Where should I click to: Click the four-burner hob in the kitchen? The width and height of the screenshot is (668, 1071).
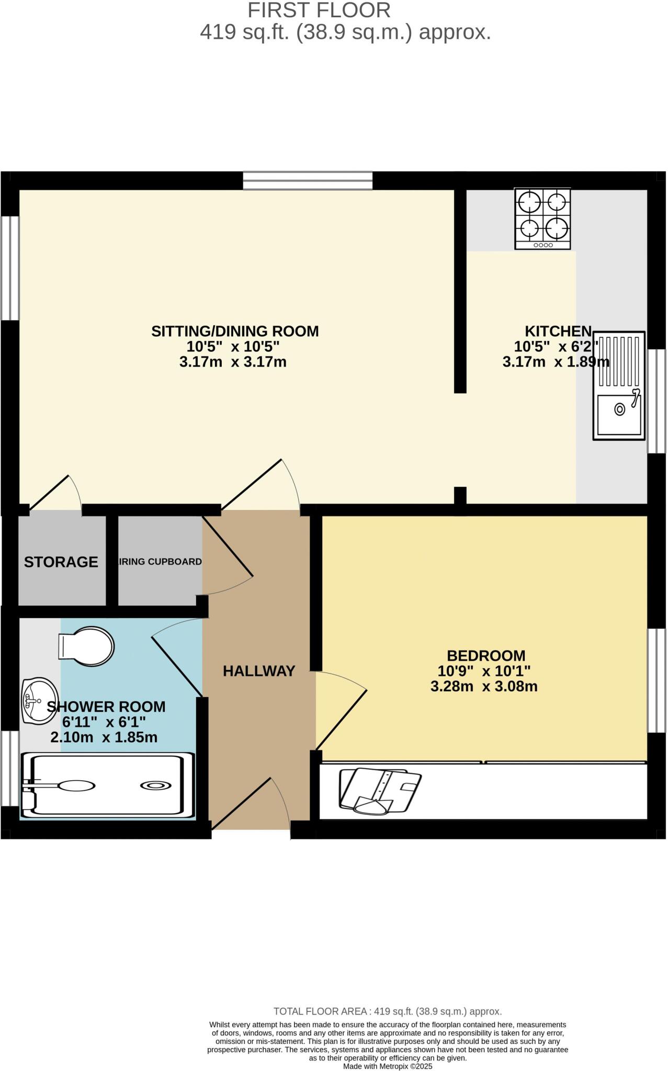(x=542, y=219)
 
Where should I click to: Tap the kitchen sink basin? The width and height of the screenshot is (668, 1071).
(x=618, y=414)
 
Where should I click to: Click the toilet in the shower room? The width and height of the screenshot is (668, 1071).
(x=86, y=646)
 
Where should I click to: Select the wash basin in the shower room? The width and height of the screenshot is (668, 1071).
(x=38, y=701)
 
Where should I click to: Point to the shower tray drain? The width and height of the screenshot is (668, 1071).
(x=155, y=785)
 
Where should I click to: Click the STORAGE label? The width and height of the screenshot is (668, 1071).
(x=61, y=562)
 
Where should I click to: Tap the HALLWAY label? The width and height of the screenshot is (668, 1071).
(x=259, y=671)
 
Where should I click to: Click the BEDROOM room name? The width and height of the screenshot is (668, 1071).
(x=486, y=655)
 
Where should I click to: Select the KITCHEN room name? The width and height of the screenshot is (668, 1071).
(x=558, y=331)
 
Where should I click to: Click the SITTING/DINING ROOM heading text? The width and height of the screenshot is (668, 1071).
(x=235, y=331)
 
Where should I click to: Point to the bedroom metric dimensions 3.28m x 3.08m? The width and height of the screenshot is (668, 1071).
(x=484, y=686)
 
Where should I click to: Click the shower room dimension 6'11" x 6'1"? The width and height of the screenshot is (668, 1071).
(x=104, y=722)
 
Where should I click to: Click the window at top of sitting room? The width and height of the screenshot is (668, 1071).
(x=308, y=180)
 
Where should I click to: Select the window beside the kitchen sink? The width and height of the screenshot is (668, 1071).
(x=656, y=401)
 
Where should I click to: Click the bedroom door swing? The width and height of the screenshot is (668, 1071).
(x=340, y=711)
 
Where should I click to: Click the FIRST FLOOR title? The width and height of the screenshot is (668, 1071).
(x=319, y=10)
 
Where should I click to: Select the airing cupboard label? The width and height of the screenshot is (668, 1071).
(x=160, y=562)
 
